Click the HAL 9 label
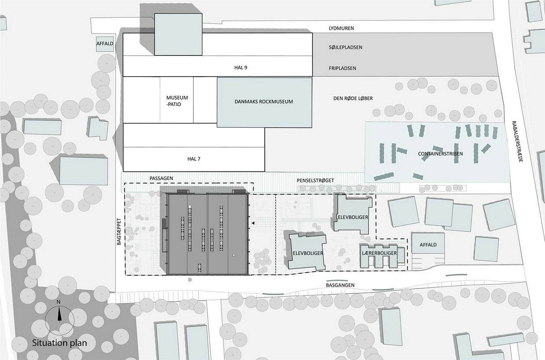(240, 67)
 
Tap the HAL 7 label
(194, 159)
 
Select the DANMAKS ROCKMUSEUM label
(264, 102)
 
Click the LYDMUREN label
(341, 28)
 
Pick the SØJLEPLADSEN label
(345, 47)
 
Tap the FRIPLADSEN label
(342, 68)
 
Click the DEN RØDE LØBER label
(353, 98)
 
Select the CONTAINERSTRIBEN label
(440, 154)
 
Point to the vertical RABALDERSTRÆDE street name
(518, 141)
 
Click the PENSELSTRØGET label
(315, 180)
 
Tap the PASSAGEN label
(161, 178)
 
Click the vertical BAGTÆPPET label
(119, 231)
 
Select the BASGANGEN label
(340, 285)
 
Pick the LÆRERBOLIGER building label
(379, 253)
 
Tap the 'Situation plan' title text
(60, 343)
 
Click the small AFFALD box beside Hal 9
(105, 44)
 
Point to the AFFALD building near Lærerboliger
(428, 243)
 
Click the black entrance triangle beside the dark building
(253, 223)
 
